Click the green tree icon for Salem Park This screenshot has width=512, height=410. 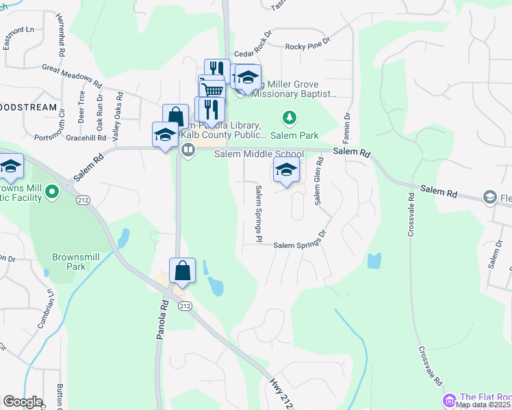(290, 118)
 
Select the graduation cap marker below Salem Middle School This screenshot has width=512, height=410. (286, 170)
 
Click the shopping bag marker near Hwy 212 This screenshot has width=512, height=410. (183, 271)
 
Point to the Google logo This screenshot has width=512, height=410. (22, 402)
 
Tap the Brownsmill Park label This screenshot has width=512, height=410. (69, 262)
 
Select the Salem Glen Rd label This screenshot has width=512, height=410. (318, 180)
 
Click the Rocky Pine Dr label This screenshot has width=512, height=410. (307, 46)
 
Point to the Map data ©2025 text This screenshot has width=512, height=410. (483, 405)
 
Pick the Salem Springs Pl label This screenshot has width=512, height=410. (259, 213)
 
